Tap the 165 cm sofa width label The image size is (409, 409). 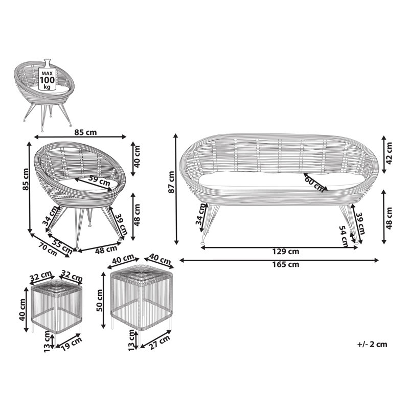(x=286, y=264)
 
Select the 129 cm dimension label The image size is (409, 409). (x=286, y=252)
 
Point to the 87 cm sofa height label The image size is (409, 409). (x=171, y=182)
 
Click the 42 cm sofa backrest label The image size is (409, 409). (x=389, y=153)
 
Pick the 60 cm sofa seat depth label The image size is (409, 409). (x=314, y=184)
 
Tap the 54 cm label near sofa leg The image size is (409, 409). (x=344, y=236)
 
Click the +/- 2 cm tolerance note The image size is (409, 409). (x=372, y=344)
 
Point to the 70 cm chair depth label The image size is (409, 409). (x=48, y=249)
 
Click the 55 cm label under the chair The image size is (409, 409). (x=62, y=246)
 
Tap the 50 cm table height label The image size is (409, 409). (x=100, y=301)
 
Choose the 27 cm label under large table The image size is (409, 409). (x=159, y=343)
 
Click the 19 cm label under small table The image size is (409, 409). (x=71, y=344)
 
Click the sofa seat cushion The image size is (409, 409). (x=282, y=180)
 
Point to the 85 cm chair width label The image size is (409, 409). (x=85, y=132)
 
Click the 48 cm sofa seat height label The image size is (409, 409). (x=389, y=219)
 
